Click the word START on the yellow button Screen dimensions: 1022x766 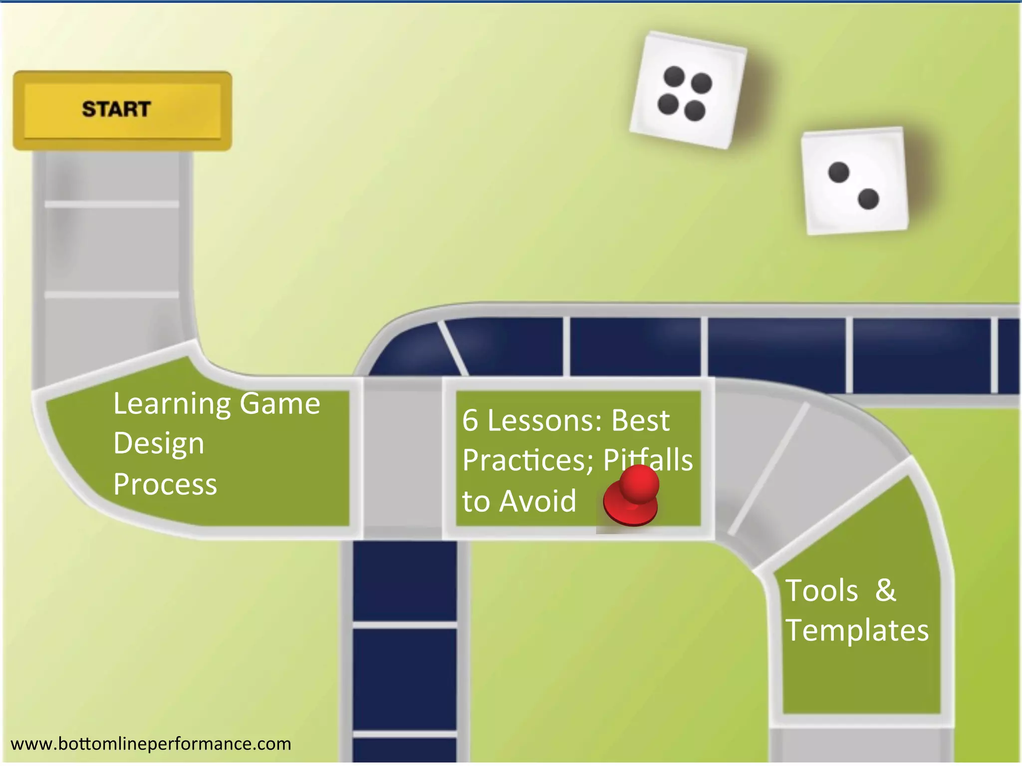tap(116, 109)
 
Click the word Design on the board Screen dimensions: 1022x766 tap(159, 443)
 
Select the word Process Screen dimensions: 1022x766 tap(165, 484)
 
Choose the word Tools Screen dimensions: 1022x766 tap(821, 591)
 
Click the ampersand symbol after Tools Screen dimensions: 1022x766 tap(885, 590)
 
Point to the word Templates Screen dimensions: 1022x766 tap(857, 630)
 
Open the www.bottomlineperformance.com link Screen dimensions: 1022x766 tap(151, 744)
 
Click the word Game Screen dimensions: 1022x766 tap(280, 404)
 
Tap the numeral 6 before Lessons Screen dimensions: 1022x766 tap(470, 421)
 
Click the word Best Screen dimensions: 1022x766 tap(640, 421)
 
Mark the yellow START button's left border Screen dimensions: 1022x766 tap(18, 110)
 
